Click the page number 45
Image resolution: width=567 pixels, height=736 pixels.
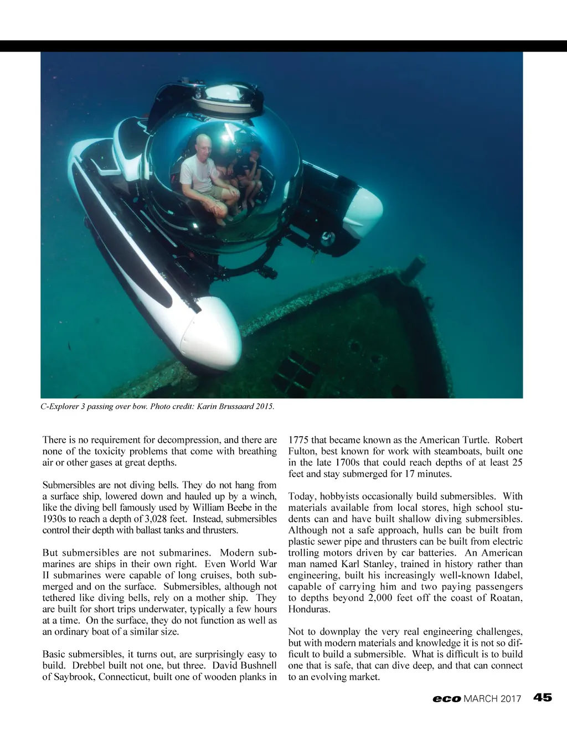click(x=543, y=698)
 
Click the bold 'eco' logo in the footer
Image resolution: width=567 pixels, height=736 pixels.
click(x=446, y=699)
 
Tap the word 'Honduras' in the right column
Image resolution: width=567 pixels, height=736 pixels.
click(x=308, y=609)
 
